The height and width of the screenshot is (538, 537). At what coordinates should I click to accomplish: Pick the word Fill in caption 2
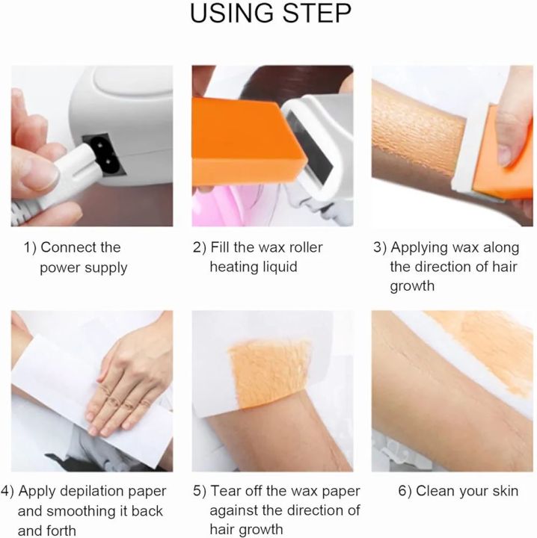tap(224, 247)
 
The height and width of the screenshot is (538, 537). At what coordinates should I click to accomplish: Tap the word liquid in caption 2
tap(277, 268)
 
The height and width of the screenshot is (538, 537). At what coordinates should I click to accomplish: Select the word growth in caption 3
tap(413, 287)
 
